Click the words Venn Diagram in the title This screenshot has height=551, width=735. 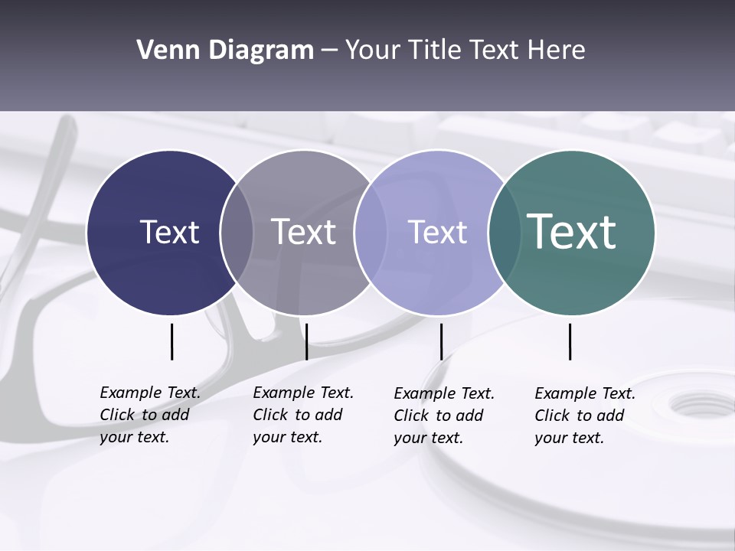click(224, 51)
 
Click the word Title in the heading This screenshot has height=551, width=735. click(436, 51)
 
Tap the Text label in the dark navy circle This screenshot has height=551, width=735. click(169, 232)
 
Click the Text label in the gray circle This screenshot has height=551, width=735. click(303, 232)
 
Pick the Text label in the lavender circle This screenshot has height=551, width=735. click(437, 232)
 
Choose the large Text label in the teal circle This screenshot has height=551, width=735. click(572, 231)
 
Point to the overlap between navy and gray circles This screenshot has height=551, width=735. click(237, 232)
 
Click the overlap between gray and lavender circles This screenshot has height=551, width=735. click(371, 232)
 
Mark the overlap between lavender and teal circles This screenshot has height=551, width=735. click(502, 232)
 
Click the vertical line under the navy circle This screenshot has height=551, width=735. click(171, 341)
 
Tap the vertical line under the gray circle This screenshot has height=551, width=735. click(306, 341)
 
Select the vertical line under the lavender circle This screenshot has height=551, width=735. click(441, 341)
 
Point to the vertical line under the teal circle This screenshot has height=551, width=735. click(570, 341)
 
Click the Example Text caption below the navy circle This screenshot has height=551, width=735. click(149, 415)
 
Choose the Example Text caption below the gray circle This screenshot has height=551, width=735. click(302, 415)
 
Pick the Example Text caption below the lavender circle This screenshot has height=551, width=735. click(443, 416)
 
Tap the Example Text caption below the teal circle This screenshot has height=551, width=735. click(584, 416)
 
